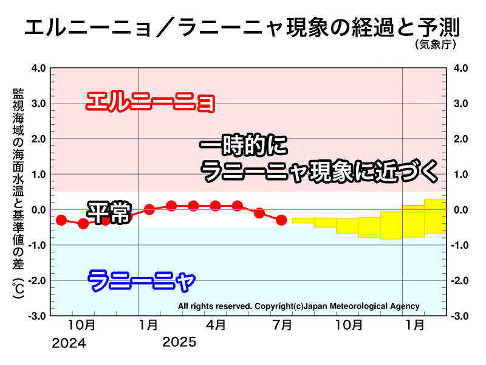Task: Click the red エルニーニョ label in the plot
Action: click(150, 102)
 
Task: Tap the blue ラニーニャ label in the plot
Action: click(142, 281)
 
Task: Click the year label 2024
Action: click(69, 343)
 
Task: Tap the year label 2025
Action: click(179, 342)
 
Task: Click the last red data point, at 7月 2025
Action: click(281, 220)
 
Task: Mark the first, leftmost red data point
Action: click(61, 220)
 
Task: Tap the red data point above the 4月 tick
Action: click(215, 206)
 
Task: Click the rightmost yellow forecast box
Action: click(435, 217)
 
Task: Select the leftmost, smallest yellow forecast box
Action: click(303, 220)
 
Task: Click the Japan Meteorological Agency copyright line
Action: click(298, 306)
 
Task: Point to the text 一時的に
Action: click(242, 147)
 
